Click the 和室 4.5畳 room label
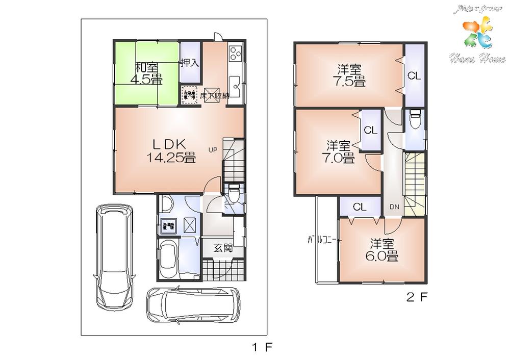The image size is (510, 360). click(x=147, y=73)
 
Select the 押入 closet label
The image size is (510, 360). click(x=190, y=63)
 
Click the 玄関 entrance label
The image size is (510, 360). click(x=223, y=248)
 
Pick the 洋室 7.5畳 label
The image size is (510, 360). click(x=350, y=74)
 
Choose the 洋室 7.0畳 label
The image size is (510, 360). click(x=339, y=151)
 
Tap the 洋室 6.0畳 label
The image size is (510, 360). click(x=384, y=250)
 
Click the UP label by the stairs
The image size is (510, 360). click(x=212, y=150)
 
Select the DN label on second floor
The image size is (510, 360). click(x=394, y=207)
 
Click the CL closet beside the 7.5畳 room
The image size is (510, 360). click(x=414, y=76)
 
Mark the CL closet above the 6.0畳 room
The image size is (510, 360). click(x=360, y=207)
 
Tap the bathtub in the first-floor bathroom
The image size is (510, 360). click(x=168, y=260)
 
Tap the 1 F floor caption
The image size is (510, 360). click(x=263, y=348)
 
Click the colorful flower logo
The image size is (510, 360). click(x=476, y=34)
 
